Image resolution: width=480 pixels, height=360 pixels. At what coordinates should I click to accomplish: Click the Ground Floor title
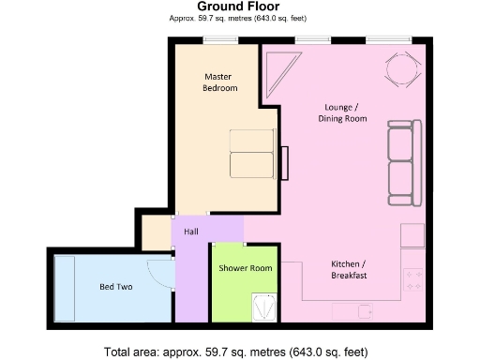(238, 7)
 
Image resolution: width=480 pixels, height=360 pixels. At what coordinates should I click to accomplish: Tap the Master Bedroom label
(220, 82)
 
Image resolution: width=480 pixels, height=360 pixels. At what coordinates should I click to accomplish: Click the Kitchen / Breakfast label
(348, 269)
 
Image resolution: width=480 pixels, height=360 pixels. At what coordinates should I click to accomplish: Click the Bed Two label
(115, 287)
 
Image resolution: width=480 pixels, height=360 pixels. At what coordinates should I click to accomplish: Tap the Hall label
(190, 232)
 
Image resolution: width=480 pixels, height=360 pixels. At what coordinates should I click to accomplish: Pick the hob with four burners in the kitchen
(413, 278)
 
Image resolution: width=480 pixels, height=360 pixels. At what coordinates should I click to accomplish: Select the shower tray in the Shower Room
(264, 307)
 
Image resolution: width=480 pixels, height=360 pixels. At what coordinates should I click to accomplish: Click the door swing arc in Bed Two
(159, 273)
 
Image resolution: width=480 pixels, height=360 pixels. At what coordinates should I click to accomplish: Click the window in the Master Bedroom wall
(220, 38)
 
